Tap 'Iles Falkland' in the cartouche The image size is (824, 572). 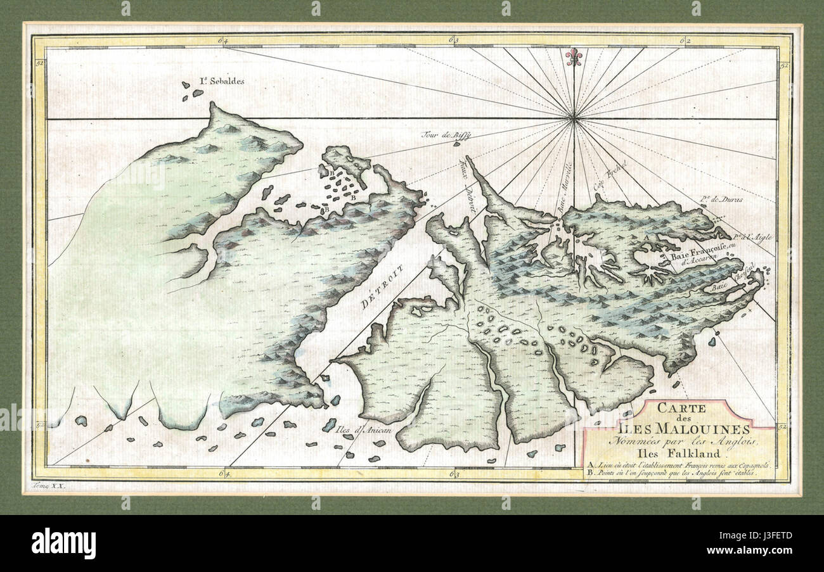(679, 452)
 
